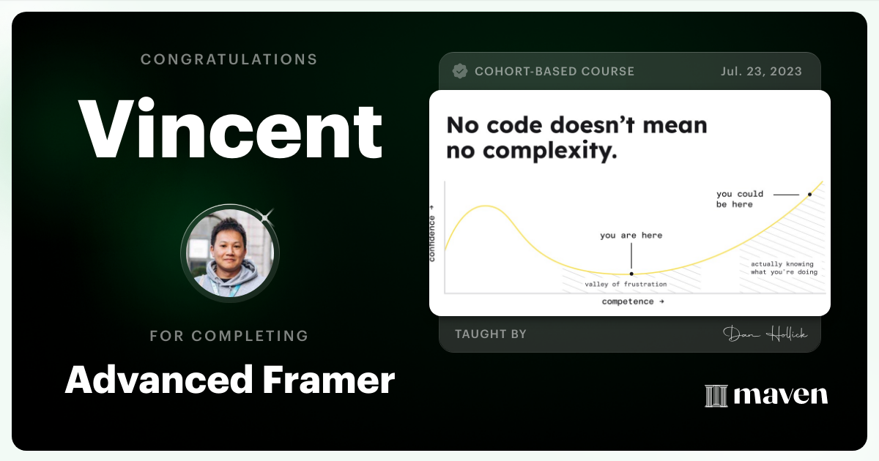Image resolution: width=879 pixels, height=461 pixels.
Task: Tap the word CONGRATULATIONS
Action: click(x=229, y=59)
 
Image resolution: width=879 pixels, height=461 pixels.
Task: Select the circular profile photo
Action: click(x=230, y=253)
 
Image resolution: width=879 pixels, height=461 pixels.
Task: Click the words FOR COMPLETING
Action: click(x=229, y=336)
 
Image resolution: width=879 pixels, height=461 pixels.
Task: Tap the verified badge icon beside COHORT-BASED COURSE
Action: click(x=460, y=71)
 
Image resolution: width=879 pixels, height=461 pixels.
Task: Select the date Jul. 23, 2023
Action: click(x=760, y=71)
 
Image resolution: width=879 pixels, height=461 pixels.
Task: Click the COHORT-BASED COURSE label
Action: click(x=555, y=71)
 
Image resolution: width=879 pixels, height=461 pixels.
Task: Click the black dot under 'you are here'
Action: click(x=631, y=273)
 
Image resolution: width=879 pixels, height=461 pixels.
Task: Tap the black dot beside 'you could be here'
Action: click(x=809, y=195)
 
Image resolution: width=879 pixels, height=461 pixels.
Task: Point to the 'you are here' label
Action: click(x=631, y=236)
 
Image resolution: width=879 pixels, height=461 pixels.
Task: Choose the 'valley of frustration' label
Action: click(x=626, y=284)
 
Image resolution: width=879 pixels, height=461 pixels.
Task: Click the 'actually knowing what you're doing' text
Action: click(x=782, y=268)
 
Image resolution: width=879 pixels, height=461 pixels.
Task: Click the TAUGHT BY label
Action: click(x=491, y=334)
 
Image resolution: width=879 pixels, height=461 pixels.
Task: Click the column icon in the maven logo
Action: click(x=716, y=395)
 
